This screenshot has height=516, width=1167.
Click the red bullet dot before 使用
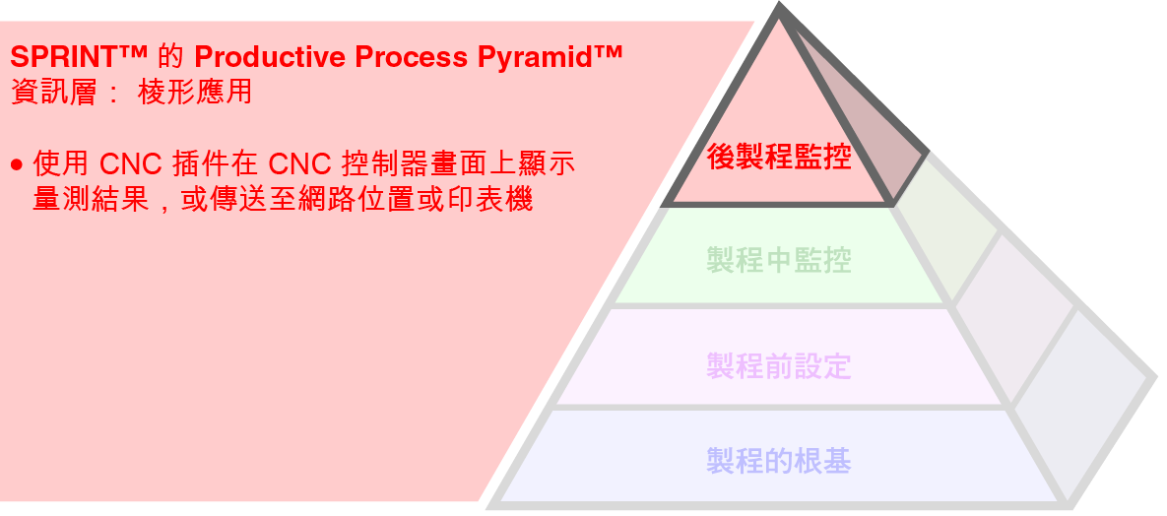pyautogui.click(x=17, y=163)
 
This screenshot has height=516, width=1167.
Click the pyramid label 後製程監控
pyautogui.click(x=778, y=156)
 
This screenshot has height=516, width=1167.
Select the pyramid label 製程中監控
pyautogui.click(x=778, y=260)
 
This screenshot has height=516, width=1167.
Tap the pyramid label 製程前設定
pyautogui.click(x=778, y=367)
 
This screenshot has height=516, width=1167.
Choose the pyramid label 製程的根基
pyautogui.click(x=778, y=460)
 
